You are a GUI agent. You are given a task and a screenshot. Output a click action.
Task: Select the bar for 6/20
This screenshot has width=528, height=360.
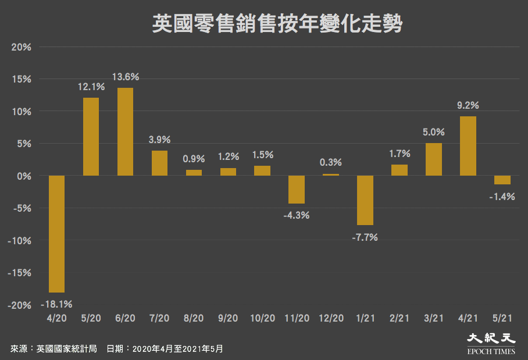[125, 131]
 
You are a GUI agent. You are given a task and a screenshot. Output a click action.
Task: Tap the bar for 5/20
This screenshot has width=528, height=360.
[91, 137]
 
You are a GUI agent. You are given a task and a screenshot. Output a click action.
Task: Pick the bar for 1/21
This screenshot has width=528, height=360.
[365, 200]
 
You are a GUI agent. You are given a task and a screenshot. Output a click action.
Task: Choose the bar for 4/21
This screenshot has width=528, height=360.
[468, 146]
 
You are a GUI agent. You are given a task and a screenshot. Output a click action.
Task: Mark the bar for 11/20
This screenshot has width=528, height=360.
[297, 190]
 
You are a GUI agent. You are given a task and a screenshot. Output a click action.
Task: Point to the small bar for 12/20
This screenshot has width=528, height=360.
[330, 174]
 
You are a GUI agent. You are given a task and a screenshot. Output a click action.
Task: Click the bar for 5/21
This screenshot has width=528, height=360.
[502, 180]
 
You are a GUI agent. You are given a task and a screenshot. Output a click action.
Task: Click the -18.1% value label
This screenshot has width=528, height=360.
[56, 304]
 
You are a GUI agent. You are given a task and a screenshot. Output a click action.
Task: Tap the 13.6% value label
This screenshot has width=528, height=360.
[125, 77]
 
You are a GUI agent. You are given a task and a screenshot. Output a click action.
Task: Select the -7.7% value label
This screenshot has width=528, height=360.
[365, 237]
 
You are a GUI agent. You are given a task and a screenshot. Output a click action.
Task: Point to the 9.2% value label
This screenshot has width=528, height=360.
[468, 105]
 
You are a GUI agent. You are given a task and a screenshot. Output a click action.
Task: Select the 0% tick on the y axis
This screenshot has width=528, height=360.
[23, 176]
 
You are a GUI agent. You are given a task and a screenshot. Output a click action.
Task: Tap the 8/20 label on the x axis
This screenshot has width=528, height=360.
[194, 318]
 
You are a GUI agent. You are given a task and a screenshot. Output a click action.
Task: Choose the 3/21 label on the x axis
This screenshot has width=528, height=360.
[434, 318]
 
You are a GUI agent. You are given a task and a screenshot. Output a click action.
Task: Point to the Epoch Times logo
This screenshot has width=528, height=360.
[491, 343]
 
